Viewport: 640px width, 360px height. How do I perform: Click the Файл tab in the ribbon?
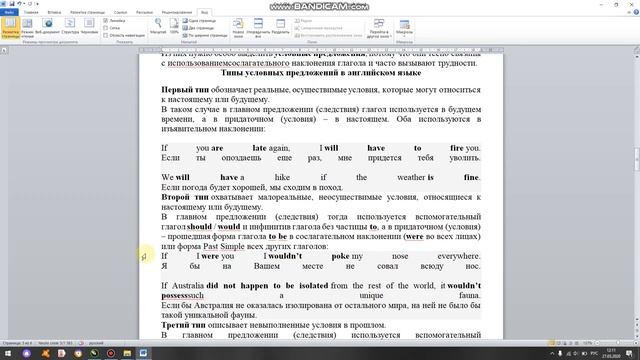point(8,12)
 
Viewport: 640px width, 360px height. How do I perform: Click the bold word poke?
point(340,256)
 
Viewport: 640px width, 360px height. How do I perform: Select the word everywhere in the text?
point(458,256)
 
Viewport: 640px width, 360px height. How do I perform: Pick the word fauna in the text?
point(468,296)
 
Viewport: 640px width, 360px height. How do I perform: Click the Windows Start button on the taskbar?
point(9,353)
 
